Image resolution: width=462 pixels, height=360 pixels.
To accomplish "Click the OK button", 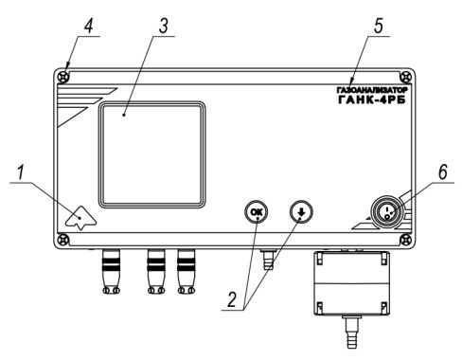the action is tap(256, 211).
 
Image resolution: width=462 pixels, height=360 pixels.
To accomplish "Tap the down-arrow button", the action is tap(301, 211).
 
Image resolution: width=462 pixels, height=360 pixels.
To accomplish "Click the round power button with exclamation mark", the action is tap(387, 211).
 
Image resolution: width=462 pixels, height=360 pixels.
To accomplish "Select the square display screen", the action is tap(151, 154).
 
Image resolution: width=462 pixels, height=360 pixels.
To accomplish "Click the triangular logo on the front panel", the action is tap(80, 217).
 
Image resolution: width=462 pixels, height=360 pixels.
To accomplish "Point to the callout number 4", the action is tap(89, 25).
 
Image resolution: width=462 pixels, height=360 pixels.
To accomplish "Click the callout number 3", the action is tap(163, 26).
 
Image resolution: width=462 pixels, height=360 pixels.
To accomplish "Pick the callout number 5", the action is tap(378, 26).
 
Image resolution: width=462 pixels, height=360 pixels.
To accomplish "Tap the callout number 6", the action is tap(442, 171).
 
